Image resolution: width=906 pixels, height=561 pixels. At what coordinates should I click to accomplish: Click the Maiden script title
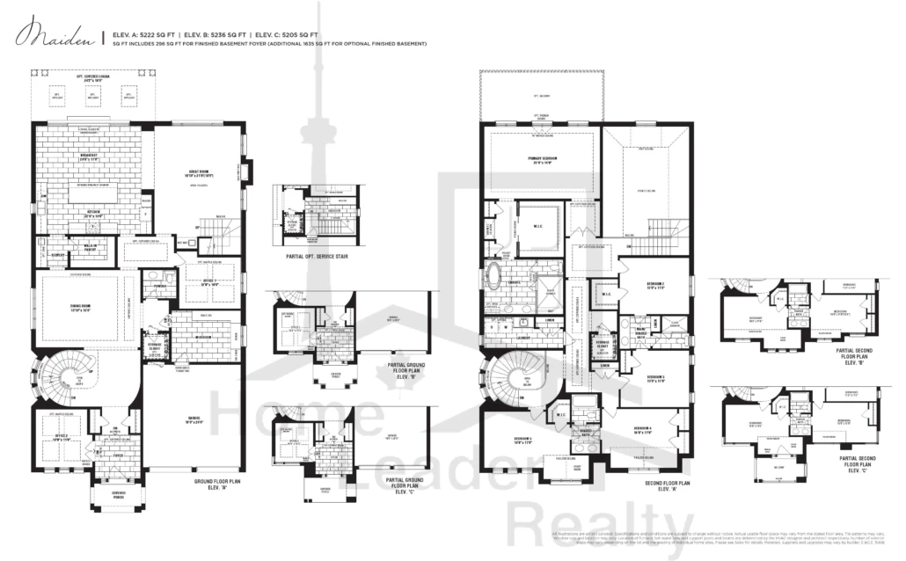click(55, 36)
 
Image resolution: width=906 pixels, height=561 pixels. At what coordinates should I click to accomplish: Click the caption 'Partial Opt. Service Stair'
click(314, 257)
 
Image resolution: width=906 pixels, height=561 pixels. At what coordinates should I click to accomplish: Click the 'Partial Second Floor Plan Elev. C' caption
click(864, 463)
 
